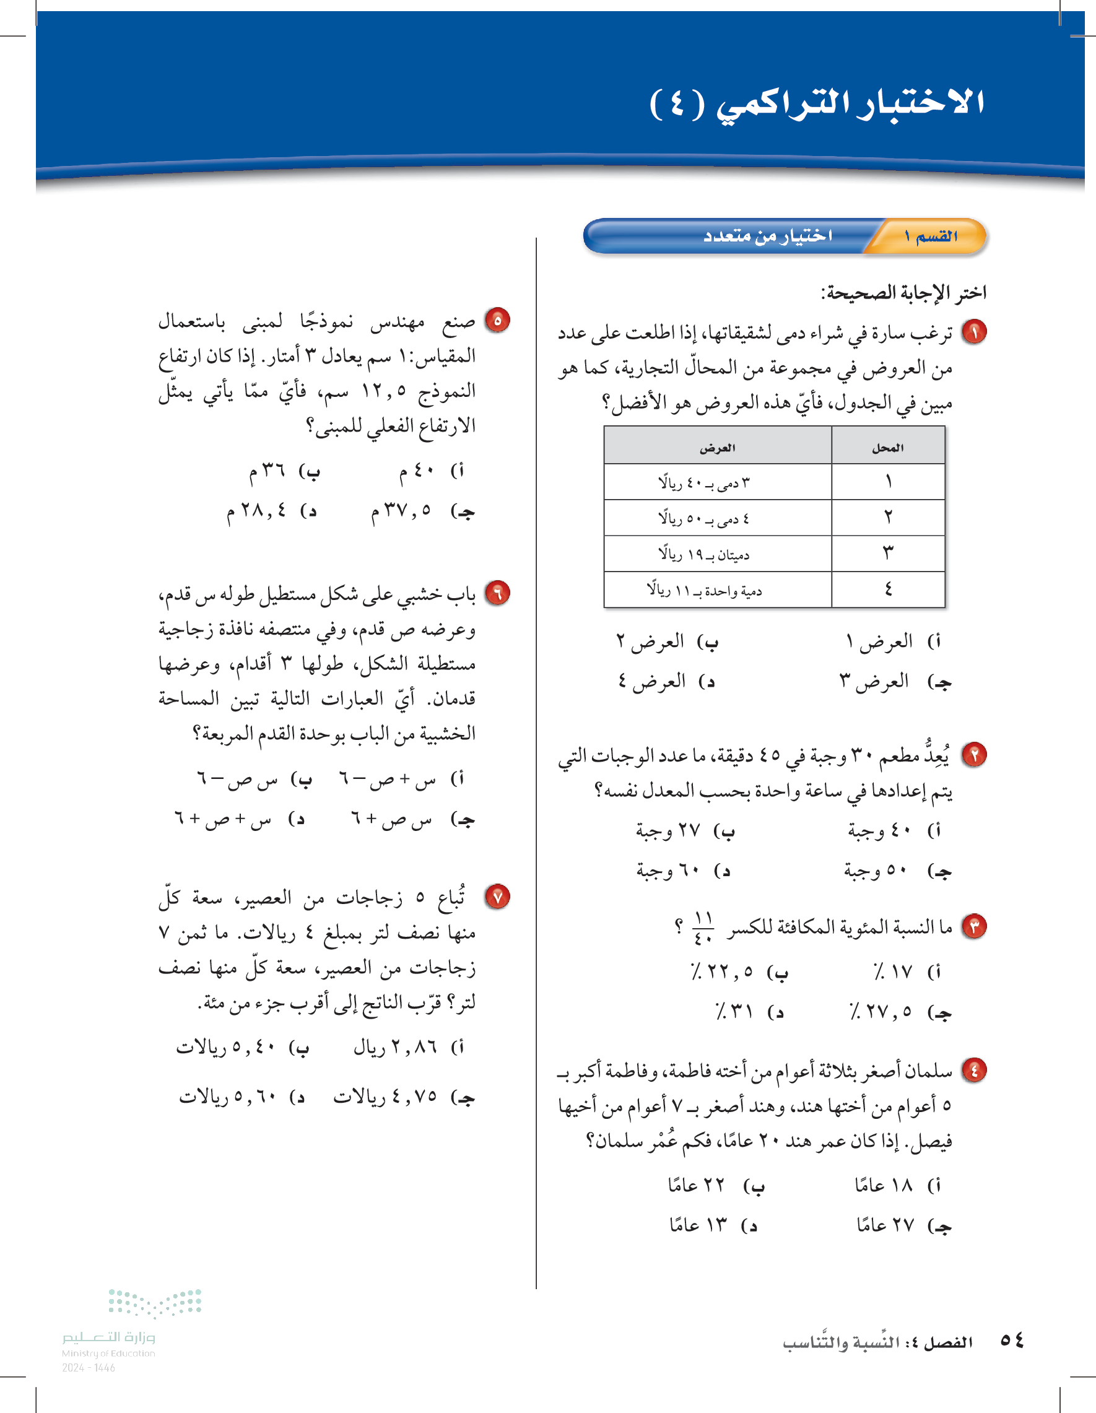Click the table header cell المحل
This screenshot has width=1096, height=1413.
tap(888, 447)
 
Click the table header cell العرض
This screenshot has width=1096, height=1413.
tap(717, 447)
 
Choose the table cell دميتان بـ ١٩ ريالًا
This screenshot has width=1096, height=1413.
tap(704, 554)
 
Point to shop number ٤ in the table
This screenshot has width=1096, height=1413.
tap(888, 589)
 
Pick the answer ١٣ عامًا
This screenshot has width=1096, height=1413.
tap(698, 1225)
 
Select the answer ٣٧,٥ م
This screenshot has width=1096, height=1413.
tap(401, 511)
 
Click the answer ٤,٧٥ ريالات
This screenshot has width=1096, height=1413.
tap(369, 1097)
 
